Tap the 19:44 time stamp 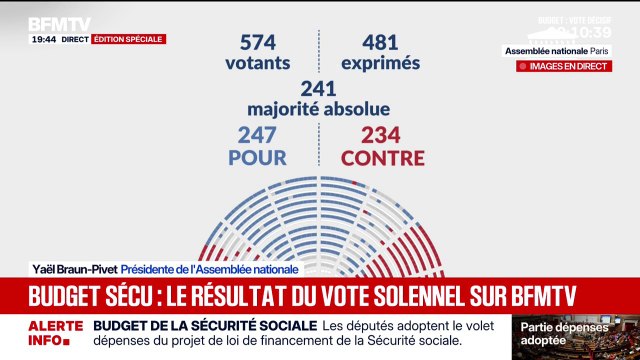click(x=43, y=39)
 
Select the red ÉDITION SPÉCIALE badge click(x=128, y=39)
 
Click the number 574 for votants click(x=263, y=42)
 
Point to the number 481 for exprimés click(x=366, y=42)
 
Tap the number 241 click(x=319, y=90)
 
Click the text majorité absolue click(x=319, y=109)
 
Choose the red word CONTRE click(x=383, y=158)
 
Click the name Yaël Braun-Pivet click(x=73, y=269)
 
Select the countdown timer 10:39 click(x=590, y=32)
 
